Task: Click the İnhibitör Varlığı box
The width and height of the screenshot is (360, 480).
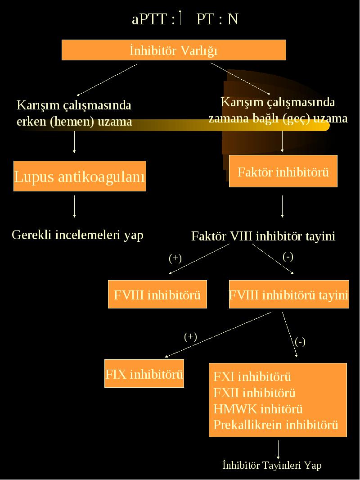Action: pos(174,50)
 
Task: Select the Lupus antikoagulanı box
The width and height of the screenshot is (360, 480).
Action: pos(80,176)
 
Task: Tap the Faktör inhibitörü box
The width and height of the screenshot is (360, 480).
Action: pos(283,171)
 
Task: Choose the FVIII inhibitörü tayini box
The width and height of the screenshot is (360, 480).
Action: pos(289,294)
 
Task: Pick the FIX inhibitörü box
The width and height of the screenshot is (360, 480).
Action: pos(144,373)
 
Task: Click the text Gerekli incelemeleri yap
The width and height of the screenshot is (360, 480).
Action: pos(78,235)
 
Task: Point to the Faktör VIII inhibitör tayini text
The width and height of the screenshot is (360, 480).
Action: pos(263,236)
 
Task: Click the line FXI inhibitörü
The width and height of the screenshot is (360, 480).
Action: pos(252,376)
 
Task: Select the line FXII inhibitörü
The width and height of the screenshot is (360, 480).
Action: pos(255,393)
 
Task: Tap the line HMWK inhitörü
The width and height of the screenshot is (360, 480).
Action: pos(258,409)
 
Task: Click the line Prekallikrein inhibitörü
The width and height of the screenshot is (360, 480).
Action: pos(276,425)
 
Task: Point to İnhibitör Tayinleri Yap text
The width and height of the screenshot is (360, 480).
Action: pos(272,465)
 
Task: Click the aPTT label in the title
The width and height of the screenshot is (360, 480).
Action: pos(149,19)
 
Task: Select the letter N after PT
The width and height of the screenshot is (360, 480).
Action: pos(233,19)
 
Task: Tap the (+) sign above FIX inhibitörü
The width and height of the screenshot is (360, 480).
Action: pos(190,337)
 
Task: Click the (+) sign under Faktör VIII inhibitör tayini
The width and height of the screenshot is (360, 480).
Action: pos(175,258)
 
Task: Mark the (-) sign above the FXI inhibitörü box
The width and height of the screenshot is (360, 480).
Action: pos(300,341)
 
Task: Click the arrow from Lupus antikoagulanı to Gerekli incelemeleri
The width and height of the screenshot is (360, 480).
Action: pos(74,207)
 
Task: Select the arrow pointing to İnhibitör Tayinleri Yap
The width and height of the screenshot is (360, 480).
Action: pos(278,450)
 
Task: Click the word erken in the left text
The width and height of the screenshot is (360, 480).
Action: pos(31,122)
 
